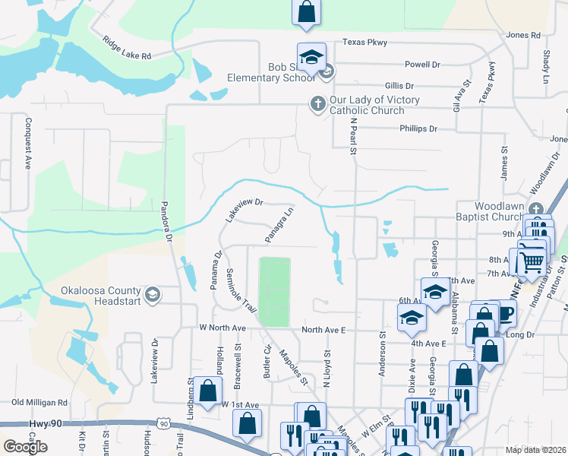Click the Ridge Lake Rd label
[x=122, y=46]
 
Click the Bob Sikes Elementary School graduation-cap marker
[x=311, y=58]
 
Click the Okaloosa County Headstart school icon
[x=152, y=295]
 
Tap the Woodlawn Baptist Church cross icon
[x=537, y=210]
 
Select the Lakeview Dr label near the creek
[x=242, y=210]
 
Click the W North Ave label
[x=222, y=328]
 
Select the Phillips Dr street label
[x=418, y=129]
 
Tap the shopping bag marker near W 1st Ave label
[x=207, y=391]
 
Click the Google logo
[x=25, y=447]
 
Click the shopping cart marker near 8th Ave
[x=532, y=261]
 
